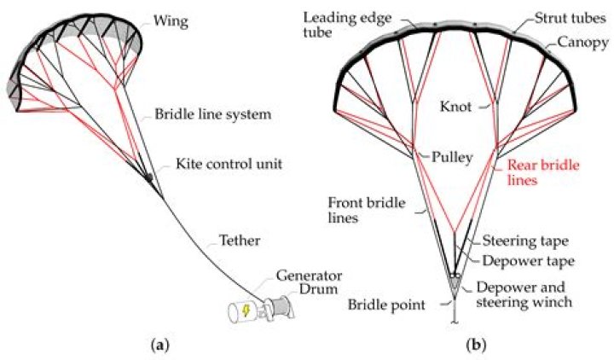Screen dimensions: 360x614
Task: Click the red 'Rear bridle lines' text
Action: (536, 173)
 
